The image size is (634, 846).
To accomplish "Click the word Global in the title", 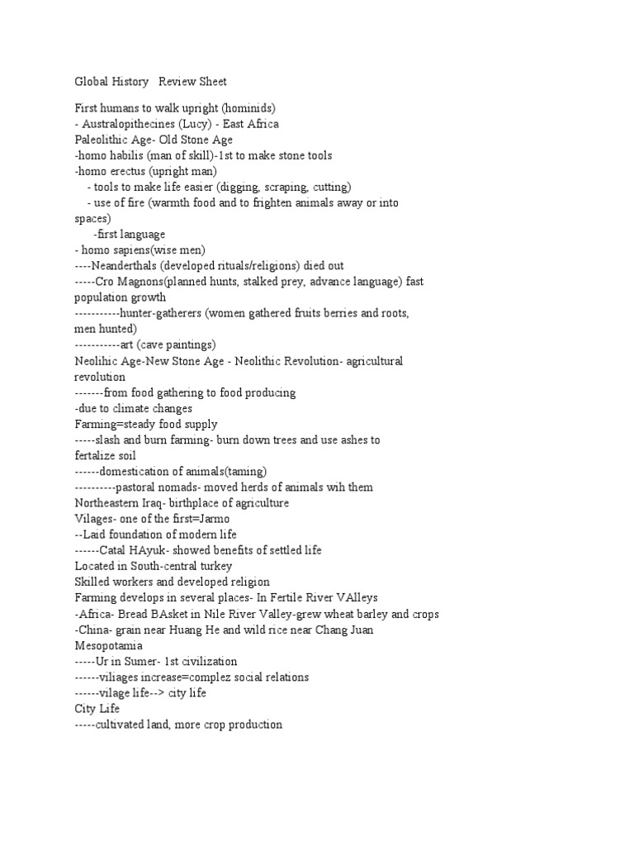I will (92, 82).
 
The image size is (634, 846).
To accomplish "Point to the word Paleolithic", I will (102, 140).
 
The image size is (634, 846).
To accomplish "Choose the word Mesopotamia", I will (108, 645).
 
